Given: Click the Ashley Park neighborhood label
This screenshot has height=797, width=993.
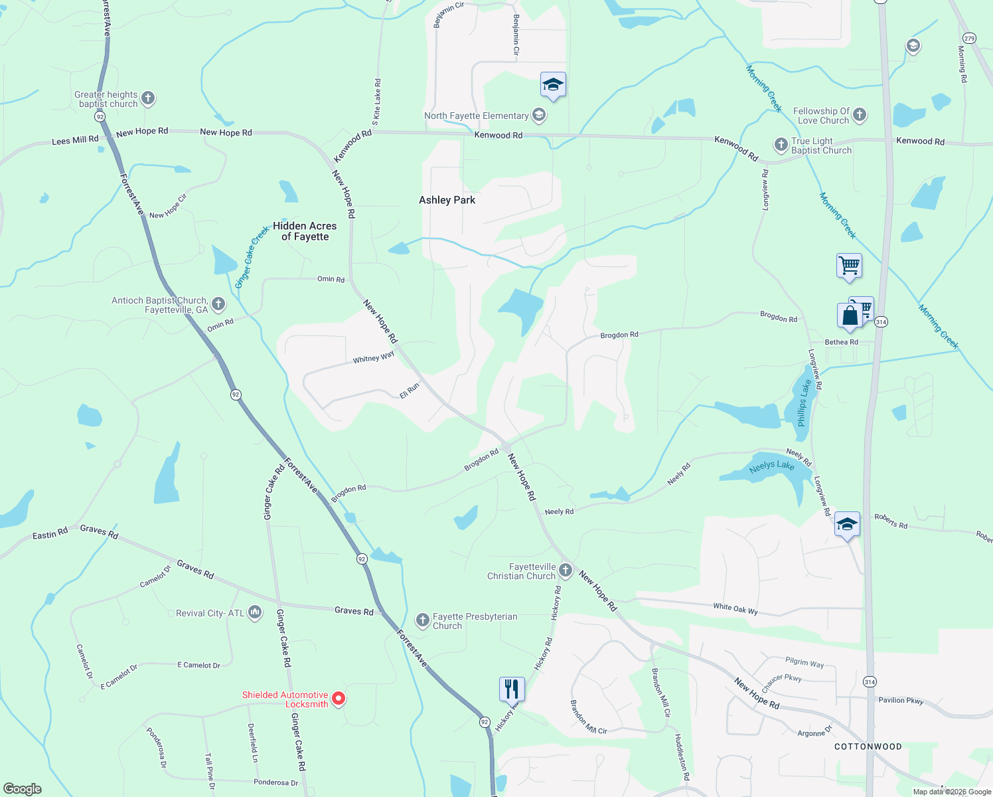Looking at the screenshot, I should [447, 200].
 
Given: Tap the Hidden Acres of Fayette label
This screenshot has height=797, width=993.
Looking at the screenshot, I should [305, 231].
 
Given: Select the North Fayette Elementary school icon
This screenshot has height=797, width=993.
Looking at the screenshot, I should [539, 116].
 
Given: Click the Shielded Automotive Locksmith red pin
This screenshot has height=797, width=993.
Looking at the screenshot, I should [339, 698].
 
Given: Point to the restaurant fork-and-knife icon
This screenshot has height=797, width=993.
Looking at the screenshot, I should [511, 689].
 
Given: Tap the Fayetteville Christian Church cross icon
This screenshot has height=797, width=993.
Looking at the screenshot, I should [566, 570].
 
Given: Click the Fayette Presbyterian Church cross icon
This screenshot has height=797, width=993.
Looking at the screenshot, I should [422, 620].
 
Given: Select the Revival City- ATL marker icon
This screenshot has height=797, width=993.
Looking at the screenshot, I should [255, 612].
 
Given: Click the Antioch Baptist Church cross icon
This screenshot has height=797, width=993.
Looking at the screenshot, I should [218, 304].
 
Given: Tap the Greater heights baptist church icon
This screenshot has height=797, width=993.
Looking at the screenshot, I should [148, 98].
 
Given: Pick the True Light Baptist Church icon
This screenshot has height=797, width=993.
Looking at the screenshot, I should [781, 145].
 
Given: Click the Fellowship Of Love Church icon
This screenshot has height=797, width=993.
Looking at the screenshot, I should [860, 115].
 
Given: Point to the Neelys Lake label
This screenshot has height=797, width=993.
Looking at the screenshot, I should [771, 466].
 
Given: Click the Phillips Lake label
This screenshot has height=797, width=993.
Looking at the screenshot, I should [804, 402].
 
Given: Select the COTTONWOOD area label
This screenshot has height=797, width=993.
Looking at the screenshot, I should [868, 747].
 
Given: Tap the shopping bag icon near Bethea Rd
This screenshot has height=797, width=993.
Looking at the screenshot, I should [850, 315].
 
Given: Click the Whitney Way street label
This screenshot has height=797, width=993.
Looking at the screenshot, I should [374, 358].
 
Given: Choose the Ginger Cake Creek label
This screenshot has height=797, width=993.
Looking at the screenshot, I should [252, 257].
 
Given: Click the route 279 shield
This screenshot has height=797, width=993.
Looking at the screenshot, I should [969, 39].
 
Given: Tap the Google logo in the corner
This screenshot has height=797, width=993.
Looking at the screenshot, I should [23, 789].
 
